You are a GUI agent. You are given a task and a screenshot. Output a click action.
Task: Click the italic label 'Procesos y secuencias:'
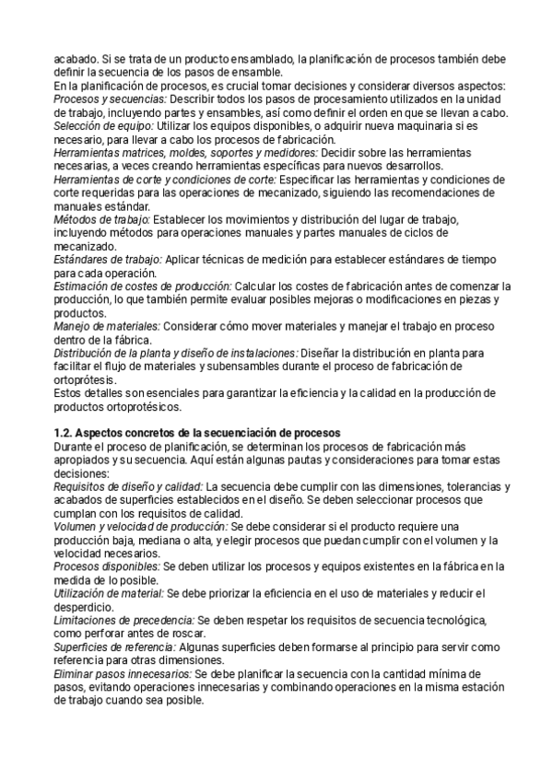(x=111, y=99)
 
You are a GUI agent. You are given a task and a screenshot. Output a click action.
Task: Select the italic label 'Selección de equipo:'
(x=104, y=125)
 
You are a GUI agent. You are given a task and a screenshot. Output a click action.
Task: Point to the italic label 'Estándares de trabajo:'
(x=108, y=261)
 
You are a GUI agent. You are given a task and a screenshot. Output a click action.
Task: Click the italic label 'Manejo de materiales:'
(x=107, y=327)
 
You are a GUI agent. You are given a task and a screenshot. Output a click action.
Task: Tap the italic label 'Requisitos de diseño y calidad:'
(x=128, y=486)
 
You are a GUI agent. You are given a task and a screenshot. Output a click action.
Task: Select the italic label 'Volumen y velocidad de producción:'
(x=139, y=527)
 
